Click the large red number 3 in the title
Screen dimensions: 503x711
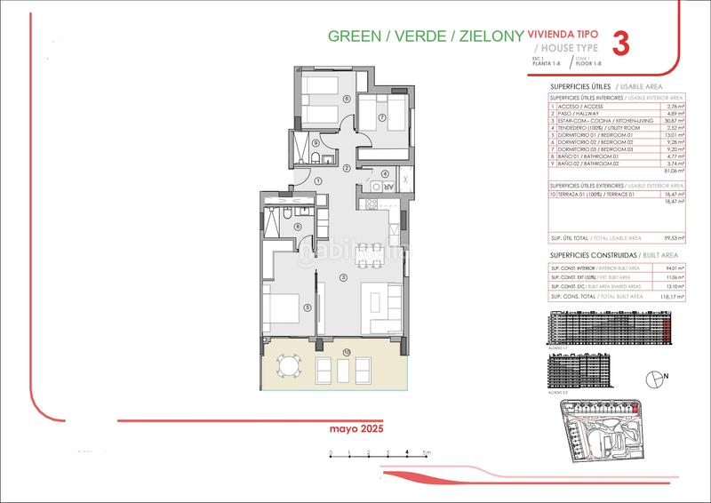point(623,44)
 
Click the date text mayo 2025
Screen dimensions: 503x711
point(353,427)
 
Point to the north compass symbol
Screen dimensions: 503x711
point(656,378)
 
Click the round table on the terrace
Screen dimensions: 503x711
point(287,365)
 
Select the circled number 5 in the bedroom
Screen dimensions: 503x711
point(307,307)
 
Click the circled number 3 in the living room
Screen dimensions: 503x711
point(343,277)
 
